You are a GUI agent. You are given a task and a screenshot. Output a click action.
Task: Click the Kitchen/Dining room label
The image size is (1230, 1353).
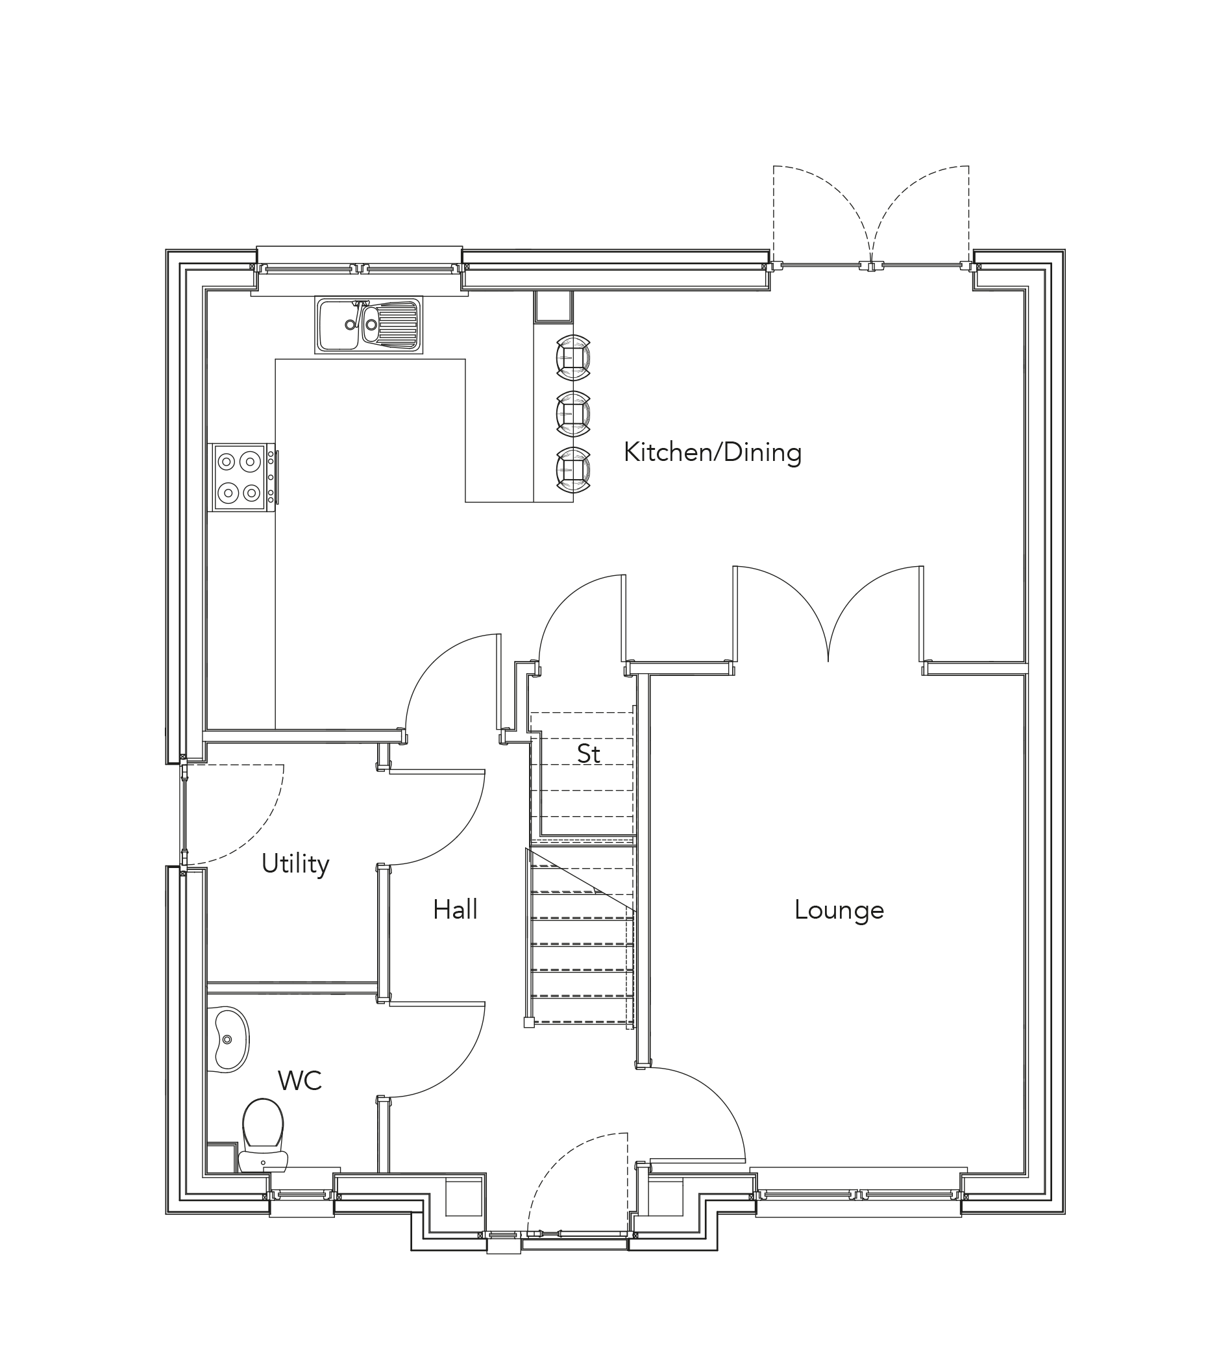[713, 453]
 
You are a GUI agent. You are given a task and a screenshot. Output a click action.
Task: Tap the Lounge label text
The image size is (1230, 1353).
[839, 910]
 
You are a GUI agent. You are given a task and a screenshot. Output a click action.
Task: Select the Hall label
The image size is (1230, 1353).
[455, 910]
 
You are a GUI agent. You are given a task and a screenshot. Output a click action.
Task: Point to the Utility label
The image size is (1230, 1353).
[295, 863]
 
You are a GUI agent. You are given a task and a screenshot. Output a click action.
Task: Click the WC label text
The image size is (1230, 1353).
[299, 1081]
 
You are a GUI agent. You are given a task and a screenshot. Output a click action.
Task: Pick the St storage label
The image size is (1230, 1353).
[589, 754]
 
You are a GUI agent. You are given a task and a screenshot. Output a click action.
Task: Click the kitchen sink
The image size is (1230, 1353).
[369, 325]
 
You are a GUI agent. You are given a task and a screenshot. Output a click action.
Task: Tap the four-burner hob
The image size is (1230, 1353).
[240, 477]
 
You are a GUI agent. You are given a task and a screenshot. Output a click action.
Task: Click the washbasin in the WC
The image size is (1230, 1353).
[229, 1039]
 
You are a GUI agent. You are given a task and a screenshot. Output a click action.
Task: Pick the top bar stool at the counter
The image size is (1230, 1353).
[573, 357]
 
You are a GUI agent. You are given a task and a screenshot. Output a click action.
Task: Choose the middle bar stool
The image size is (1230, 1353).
[573, 413]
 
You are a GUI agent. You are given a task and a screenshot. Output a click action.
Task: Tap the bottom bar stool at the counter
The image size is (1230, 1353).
[573, 469]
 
